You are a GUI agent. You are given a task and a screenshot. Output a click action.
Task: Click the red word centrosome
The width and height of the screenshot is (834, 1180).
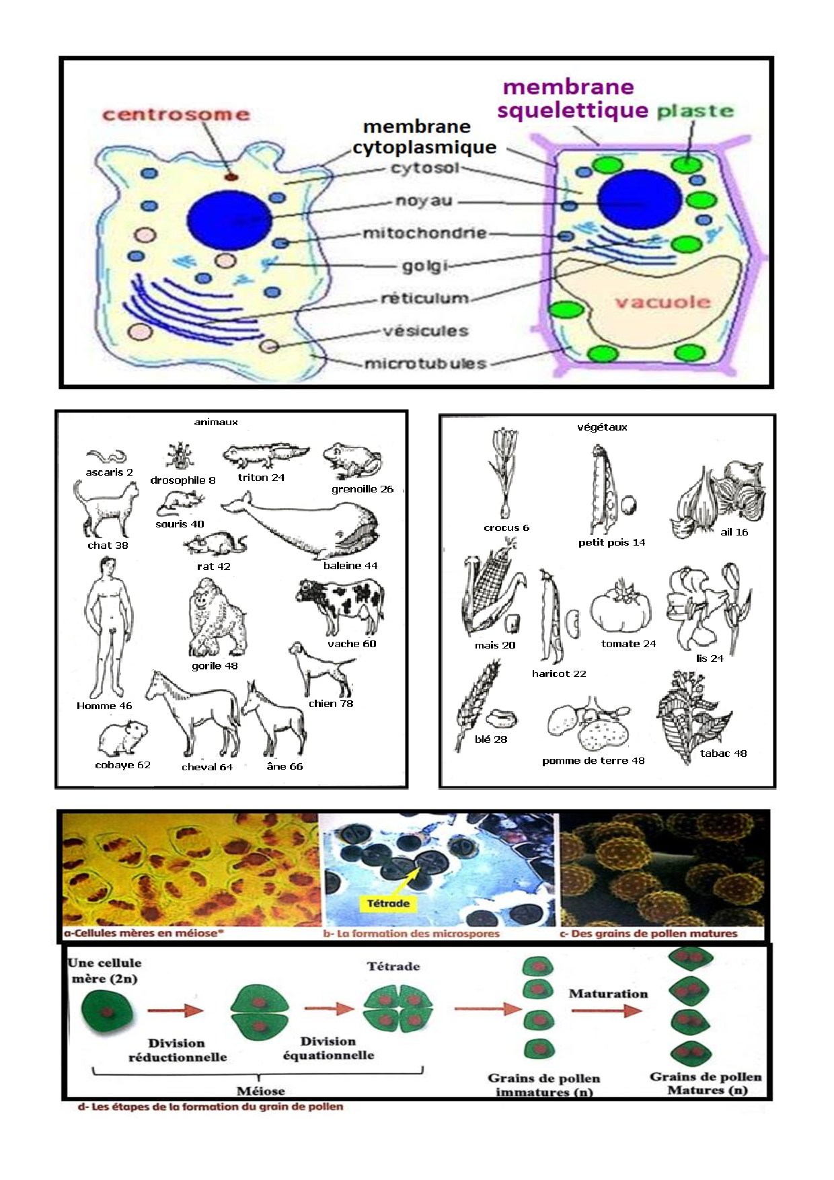[176, 114]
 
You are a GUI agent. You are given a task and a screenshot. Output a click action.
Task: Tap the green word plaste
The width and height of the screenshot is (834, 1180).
[695, 111]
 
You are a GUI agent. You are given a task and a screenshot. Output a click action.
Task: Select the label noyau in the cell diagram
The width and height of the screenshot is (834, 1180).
[424, 201]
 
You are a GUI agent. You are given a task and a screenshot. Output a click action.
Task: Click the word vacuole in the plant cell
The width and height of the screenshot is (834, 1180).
[662, 301]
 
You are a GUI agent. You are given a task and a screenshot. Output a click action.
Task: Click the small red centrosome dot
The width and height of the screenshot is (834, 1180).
[231, 177]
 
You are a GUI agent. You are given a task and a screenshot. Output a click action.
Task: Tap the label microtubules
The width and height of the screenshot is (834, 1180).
[425, 364]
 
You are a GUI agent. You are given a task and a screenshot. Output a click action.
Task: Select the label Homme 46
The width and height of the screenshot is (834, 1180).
[104, 706]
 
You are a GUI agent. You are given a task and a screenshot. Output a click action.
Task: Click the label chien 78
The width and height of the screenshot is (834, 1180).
[331, 704]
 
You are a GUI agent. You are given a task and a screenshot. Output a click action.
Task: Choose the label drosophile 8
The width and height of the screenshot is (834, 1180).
[183, 480]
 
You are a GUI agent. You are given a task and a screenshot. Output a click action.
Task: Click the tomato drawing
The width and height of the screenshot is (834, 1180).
[621, 607]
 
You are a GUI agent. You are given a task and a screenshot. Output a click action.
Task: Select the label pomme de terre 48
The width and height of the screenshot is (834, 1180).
[593, 761]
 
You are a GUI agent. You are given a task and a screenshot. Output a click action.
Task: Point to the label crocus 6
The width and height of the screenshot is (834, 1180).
[506, 527]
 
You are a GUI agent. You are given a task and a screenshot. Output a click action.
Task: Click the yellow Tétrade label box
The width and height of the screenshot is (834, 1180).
[389, 904]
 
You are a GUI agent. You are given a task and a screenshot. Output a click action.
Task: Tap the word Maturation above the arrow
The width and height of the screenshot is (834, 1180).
[608, 994]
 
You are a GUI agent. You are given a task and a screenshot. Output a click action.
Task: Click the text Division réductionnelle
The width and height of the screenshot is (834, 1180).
[177, 1049]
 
